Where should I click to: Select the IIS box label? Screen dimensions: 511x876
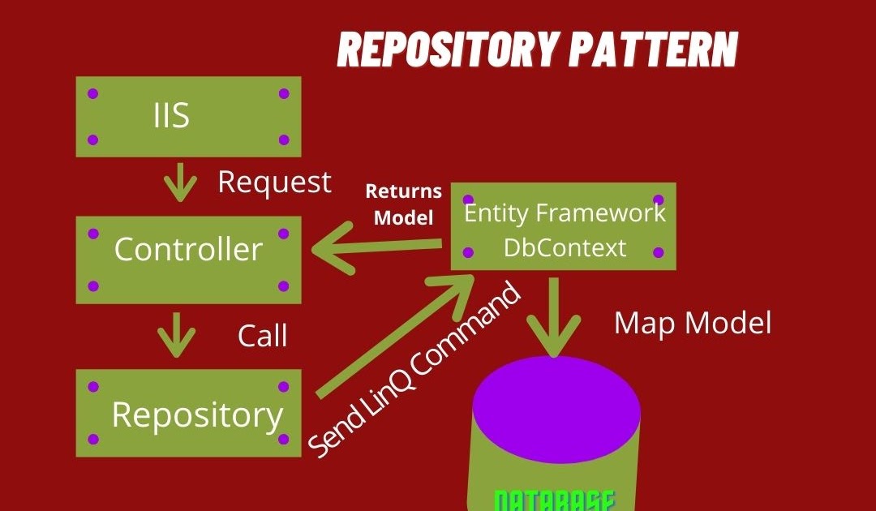tap(171, 116)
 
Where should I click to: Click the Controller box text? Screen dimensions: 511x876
tap(188, 249)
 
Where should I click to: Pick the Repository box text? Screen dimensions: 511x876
tap(197, 414)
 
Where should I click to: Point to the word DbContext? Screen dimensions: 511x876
tap(565, 247)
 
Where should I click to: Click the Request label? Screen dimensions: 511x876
tap(274, 182)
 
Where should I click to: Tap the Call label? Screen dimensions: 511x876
tap(262, 336)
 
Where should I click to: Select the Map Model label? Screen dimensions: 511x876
tap(692, 323)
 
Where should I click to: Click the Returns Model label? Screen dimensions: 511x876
tap(403, 204)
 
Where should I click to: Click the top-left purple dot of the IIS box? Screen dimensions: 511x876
tap(92, 93)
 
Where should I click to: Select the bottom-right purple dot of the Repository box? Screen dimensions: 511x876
tap(284, 439)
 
